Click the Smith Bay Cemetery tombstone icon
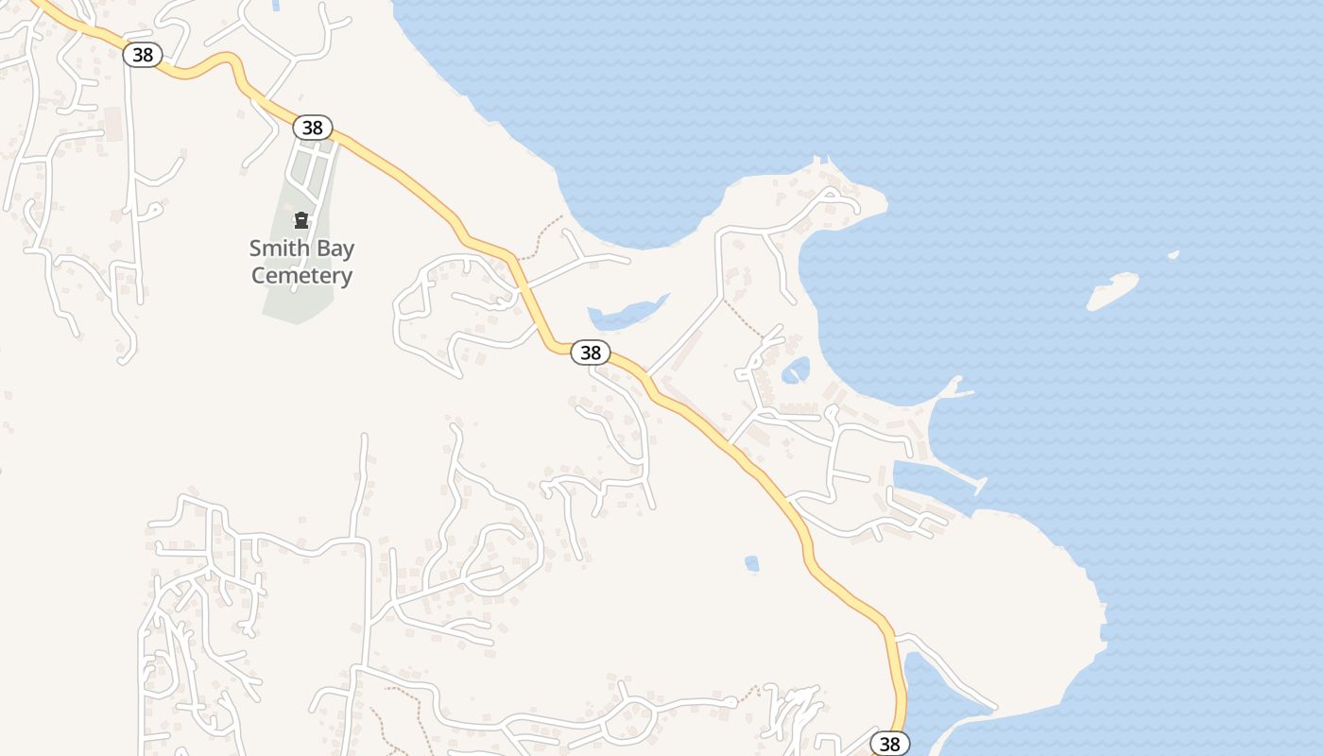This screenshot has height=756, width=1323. pos(301,221)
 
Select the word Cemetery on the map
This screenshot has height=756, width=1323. pos(301,276)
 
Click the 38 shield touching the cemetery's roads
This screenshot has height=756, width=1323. pos(312,127)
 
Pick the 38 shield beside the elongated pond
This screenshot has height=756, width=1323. pos(590,352)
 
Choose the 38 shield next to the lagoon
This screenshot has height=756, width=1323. pos(889,744)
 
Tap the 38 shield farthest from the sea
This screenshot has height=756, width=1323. pos(143,54)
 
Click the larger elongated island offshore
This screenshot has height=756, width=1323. pos(1112,291)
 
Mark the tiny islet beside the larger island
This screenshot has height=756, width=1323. pos(1174,254)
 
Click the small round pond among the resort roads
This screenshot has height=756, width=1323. pos(796,370)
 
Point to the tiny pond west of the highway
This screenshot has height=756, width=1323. pos(751,563)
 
